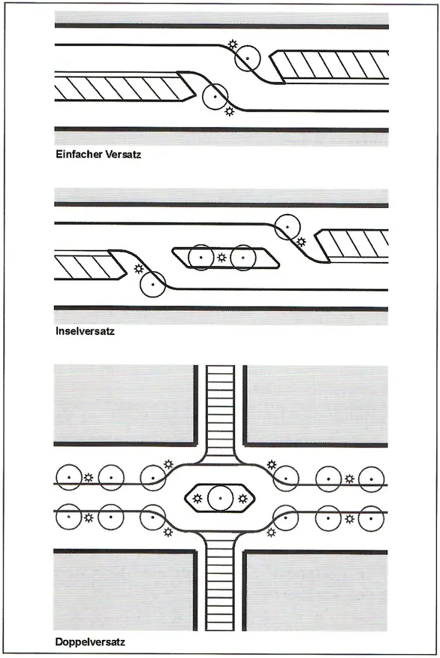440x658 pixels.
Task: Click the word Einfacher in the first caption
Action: pos(77,154)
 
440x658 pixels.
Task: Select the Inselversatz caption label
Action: pos(85,331)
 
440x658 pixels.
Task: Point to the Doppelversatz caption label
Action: pos(90,641)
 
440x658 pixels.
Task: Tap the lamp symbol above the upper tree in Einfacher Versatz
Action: pos(232,44)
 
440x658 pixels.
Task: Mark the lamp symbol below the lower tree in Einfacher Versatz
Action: pos(229,111)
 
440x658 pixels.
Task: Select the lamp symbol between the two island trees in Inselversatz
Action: pos(222,257)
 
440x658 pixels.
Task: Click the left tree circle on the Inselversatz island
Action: pos(188,257)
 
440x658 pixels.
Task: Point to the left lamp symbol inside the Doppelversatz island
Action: pos(197,498)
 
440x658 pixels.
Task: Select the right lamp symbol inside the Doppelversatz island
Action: pos(243,498)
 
